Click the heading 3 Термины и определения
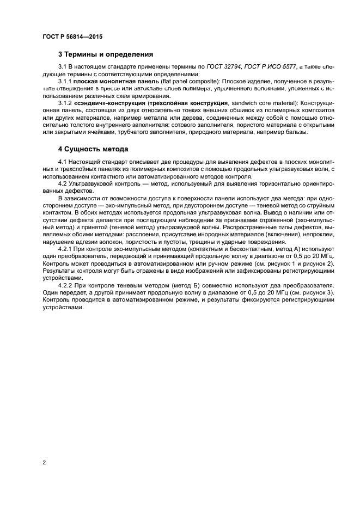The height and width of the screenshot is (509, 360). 106,54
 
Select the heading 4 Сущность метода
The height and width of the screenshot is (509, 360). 93,149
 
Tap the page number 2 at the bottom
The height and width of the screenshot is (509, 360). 44,462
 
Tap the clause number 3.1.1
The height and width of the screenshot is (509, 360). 65,81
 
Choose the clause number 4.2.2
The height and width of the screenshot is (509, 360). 65,286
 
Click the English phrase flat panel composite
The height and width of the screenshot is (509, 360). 178,81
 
